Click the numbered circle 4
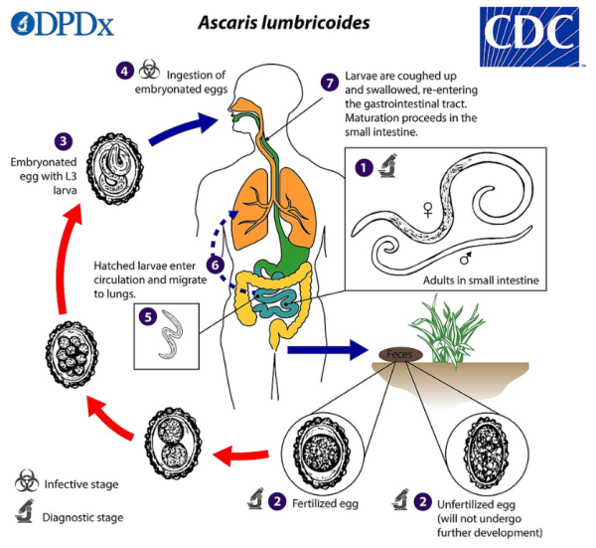124,71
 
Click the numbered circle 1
364,167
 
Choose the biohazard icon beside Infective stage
28,484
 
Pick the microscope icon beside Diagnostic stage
28,515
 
